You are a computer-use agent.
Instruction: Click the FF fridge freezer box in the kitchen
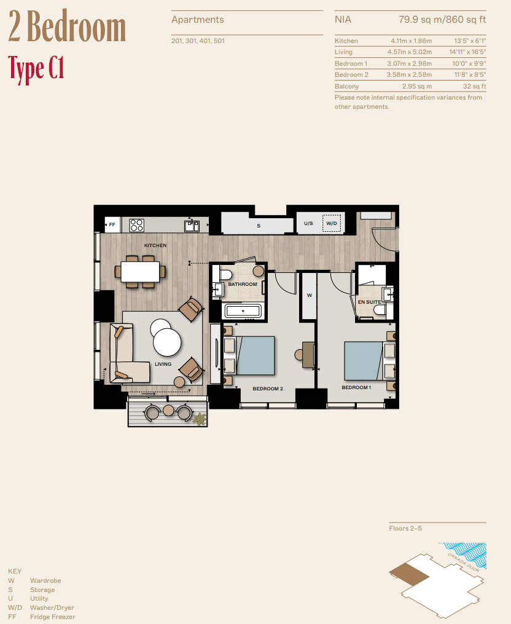coord(112,225)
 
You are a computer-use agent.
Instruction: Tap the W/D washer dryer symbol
coord(332,224)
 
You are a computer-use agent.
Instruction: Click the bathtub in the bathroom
coord(243,312)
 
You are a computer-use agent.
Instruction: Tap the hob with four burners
coord(136,225)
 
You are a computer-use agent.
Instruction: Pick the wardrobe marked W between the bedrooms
coord(310,296)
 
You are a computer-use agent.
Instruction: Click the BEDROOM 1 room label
coord(356,388)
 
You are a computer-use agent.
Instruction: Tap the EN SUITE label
coord(369,302)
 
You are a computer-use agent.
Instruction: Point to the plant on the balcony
coord(200,419)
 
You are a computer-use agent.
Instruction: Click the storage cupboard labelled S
coord(258,226)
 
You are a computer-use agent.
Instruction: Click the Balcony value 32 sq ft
coord(475,87)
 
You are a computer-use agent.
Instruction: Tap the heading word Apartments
coord(198,20)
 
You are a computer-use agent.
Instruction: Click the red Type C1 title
coord(36,68)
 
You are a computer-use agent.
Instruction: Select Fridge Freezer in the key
coord(52,617)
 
